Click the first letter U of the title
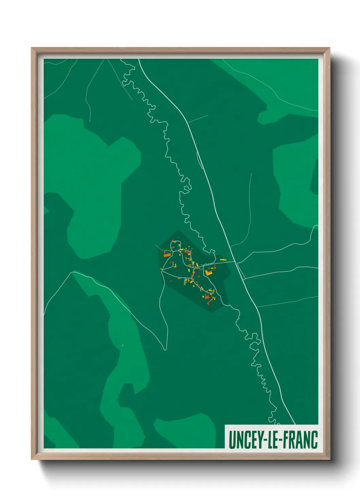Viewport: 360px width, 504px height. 232,440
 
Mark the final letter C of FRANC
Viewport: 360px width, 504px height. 314,440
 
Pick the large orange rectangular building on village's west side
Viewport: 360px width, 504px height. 167,254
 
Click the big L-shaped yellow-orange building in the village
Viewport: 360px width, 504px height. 208,272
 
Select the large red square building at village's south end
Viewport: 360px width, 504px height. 207,297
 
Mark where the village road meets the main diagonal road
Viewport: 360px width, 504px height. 234,262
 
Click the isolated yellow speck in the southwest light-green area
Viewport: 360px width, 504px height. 123,345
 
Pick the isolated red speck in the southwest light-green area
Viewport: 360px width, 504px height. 116,331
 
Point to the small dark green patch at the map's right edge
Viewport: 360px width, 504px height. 314,177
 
